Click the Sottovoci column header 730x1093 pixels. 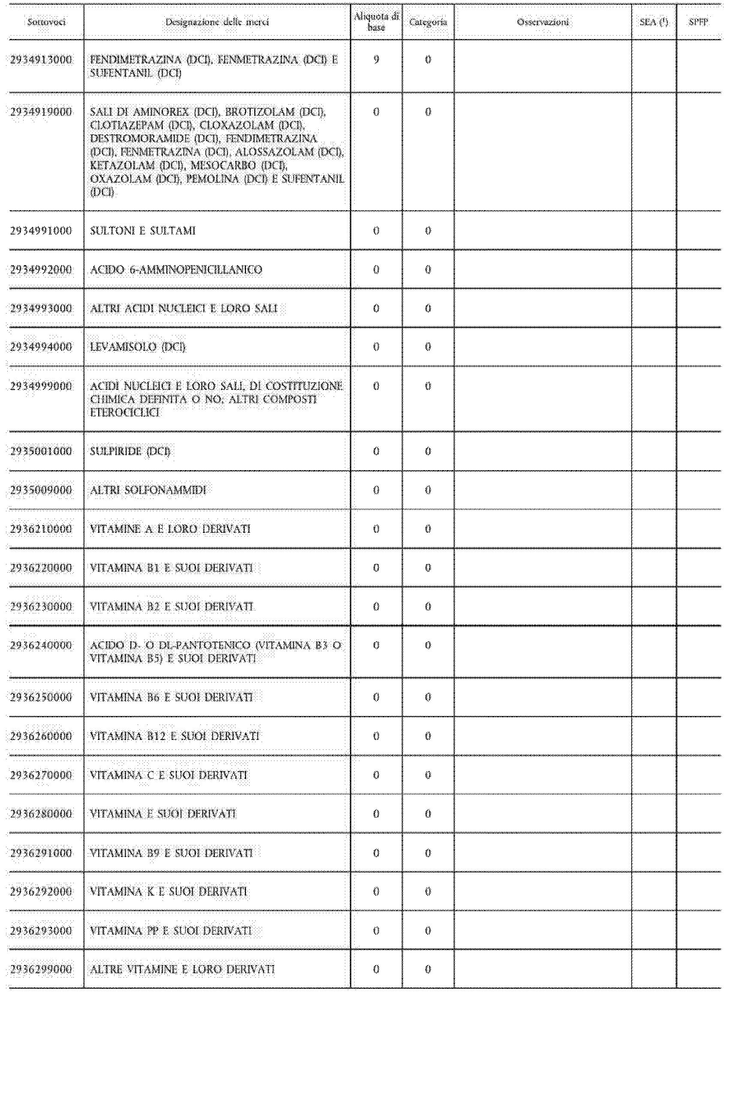[x=46, y=22]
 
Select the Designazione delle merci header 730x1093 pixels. [x=217, y=22]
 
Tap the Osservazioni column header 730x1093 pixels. [x=543, y=22]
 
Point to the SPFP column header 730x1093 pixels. [x=698, y=22]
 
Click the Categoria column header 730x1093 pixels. [x=428, y=22]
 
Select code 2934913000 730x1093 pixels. [x=42, y=60]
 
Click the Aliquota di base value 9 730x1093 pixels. [x=376, y=60]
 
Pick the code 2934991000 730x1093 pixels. [x=42, y=231]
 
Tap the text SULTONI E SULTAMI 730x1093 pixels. [x=142, y=231]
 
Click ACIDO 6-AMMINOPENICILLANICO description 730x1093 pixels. [x=176, y=270]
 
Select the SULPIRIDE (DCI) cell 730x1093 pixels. [x=130, y=452]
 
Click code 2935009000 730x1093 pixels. [x=42, y=490]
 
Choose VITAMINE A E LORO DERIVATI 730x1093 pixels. [x=170, y=529]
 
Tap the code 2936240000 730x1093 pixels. [x=42, y=645]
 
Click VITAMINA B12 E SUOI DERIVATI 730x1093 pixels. [x=175, y=737]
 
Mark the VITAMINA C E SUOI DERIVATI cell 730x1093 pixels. [x=169, y=775]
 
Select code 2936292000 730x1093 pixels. [x=42, y=892]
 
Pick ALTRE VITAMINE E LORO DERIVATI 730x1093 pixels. [x=182, y=969]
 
